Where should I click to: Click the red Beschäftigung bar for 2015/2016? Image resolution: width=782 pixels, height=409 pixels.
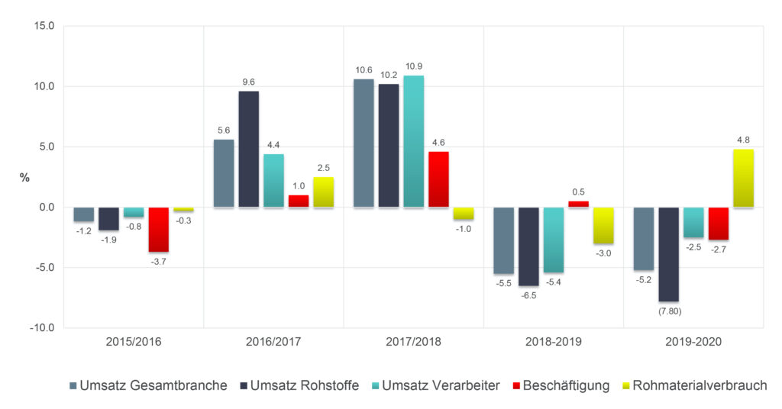pos(159,229)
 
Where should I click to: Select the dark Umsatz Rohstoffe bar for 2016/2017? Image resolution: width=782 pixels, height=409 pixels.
pos(248,149)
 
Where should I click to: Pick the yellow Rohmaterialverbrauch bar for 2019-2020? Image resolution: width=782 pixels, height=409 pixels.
pos(744,178)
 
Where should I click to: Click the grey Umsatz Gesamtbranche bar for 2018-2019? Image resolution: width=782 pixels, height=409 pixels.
pos(503,240)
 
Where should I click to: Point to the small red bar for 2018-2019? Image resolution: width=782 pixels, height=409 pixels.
pos(578,204)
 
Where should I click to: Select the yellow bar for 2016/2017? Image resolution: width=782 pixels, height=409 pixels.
pos(324,192)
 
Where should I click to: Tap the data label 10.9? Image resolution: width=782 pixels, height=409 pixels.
pos(414,66)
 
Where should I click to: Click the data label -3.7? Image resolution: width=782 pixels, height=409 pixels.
pos(159,262)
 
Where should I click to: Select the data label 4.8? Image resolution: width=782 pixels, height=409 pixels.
pos(744,140)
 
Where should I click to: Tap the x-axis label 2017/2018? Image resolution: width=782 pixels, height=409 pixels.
pos(413,343)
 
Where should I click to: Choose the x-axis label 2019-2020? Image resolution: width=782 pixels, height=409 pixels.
pos(693,343)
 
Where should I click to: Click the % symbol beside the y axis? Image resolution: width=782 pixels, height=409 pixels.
pos(24,177)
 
